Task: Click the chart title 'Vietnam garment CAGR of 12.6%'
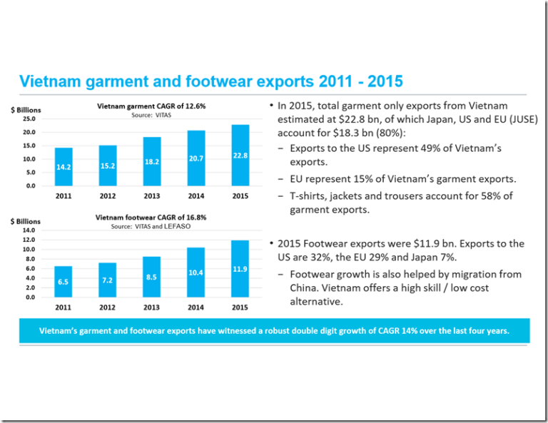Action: tap(151, 106)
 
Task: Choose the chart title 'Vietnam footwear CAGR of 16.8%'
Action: tap(151, 218)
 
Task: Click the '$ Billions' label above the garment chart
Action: tap(26, 110)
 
